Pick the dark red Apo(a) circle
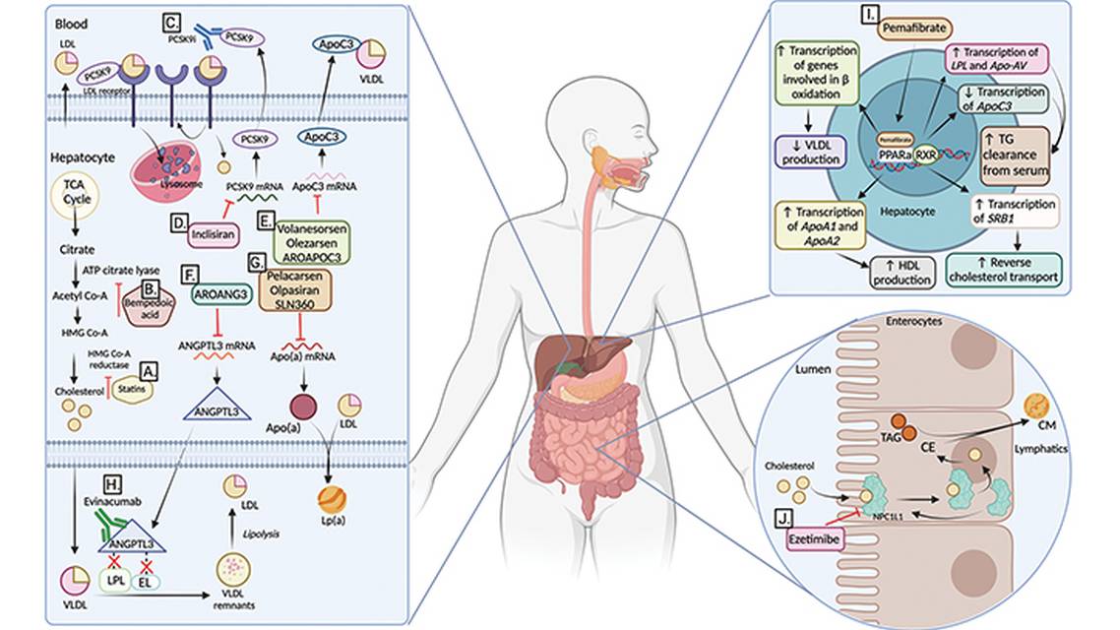[x=301, y=407]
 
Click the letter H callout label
[x=113, y=482]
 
